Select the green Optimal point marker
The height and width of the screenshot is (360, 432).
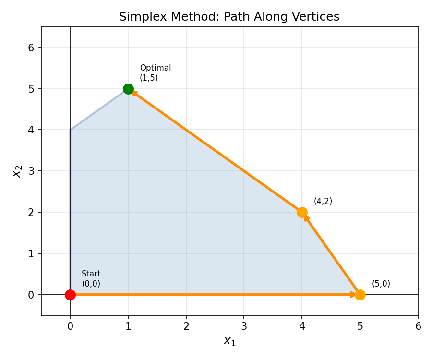click(x=128, y=89)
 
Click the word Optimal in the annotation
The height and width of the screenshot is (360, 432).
click(x=155, y=68)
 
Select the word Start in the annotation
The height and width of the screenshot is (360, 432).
click(x=91, y=274)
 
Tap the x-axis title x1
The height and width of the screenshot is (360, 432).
click(x=229, y=341)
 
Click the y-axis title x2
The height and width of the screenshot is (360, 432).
click(x=17, y=171)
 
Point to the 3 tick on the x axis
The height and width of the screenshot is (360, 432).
click(x=244, y=326)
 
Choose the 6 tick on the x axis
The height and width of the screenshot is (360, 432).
click(x=418, y=326)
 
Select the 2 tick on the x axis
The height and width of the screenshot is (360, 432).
click(x=186, y=326)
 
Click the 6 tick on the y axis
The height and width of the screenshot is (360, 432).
click(x=31, y=48)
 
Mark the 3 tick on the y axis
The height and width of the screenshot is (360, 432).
click(x=31, y=171)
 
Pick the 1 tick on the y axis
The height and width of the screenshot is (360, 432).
click(x=31, y=253)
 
